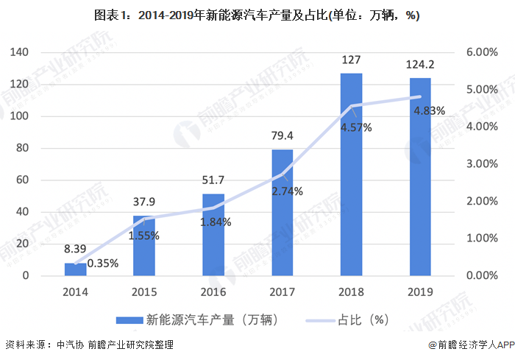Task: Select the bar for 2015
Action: pyautogui.click(x=144, y=246)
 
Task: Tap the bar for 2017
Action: pyautogui.click(x=283, y=213)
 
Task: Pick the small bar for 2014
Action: pyautogui.click(x=75, y=269)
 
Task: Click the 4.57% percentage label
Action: pyautogui.click(x=356, y=127)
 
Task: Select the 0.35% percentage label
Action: pyautogui.click(x=102, y=263)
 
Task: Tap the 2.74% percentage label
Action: pyautogui.click(x=288, y=191)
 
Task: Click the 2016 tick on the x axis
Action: pyautogui.click(x=213, y=292)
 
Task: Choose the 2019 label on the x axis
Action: pyautogui.click(x=420, y=292)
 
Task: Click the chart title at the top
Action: pyautogui.click(x=257, y=16)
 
